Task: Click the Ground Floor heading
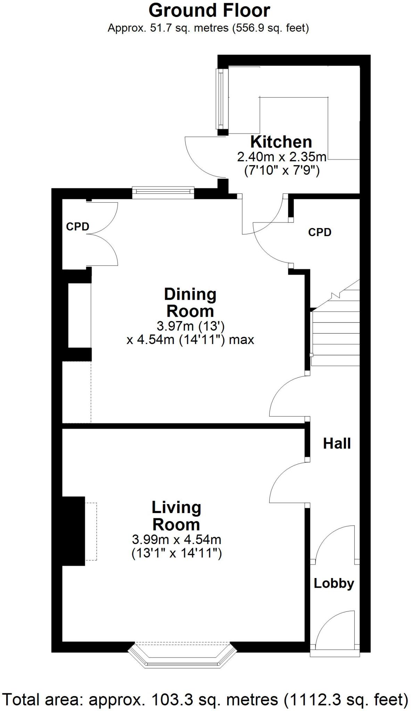pos(209,10)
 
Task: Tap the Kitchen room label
pos(281,142)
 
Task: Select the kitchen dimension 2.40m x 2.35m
pos(281,157)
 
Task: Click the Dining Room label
pos(190,302)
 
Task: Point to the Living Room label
pos(176,516)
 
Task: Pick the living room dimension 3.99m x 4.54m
pos(176,539)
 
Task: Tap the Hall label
pos(337,443)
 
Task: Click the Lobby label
pos(334,583)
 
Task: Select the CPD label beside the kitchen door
pos(320,232)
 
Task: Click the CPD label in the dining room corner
pos(77,227)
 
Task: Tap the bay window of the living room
pos(180,655)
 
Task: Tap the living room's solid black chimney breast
pos(73,531)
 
